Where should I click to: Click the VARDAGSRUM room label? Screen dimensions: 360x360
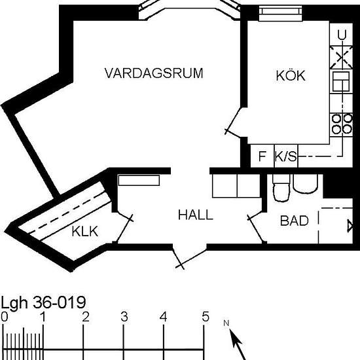click(153, 73)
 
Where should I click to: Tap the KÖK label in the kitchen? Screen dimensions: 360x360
click(290, 75)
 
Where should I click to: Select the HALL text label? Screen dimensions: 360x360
click(195, 215)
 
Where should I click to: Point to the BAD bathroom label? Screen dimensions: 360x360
click(294, 221)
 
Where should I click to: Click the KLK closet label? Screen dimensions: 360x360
click(85, 230)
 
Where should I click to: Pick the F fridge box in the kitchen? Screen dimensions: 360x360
click(262, 157)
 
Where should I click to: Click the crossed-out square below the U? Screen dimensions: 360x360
click(340, 58)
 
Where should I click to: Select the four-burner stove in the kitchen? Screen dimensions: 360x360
click(340, 124)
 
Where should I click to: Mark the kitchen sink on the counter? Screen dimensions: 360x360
click(340, 82)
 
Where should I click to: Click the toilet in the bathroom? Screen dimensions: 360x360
click(280, 189)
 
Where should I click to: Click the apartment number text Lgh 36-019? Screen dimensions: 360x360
click(43, 303)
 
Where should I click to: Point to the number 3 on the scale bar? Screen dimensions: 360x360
click(124, 317)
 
